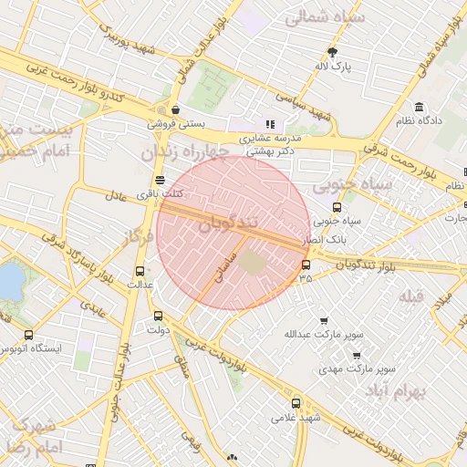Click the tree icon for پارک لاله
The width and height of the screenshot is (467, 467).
(333, 52)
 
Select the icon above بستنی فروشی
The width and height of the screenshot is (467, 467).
(175, 110)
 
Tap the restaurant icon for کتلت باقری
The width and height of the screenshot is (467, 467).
(161, 180)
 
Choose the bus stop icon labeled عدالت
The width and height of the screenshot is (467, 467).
(140, 271)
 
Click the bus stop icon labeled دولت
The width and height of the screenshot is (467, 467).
(159, 317)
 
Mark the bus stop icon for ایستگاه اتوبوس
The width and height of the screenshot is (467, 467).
(28, 335)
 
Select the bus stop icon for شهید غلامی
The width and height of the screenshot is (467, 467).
(295, 402)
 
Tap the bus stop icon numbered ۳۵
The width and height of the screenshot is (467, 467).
(305, 265)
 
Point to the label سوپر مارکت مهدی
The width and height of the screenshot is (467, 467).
(357, 369)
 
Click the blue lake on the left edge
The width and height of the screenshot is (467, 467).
(9, 280)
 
